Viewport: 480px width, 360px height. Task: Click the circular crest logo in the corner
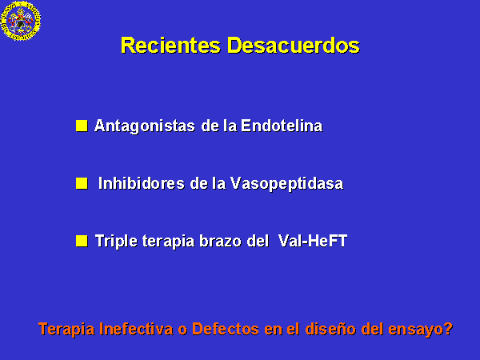[x=21, y=21]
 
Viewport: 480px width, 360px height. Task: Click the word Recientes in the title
[x=170, y=46]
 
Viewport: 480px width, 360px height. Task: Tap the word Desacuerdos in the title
[x=294, y=46]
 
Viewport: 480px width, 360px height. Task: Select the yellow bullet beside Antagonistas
[x=82, y=126]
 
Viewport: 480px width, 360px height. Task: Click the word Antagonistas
[x=145, y=126]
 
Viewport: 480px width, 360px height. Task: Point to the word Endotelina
[x=282, y=126]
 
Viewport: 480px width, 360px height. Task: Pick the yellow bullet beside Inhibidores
[x=82, y=183]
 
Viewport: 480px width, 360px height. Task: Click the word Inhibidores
[x=142, y=183]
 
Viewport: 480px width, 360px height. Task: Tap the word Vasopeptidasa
[x=287, y=184]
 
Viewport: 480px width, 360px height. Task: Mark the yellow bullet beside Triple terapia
[x=82, y=241]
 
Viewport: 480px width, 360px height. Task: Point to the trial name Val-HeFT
[x=313, y=241]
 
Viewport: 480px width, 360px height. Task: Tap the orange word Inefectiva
[x=136, y=329]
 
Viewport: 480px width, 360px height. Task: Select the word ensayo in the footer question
[x=415, y=330]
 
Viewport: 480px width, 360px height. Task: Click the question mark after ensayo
[x=448, y=329]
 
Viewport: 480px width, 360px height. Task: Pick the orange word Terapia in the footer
[x=66, y=330]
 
